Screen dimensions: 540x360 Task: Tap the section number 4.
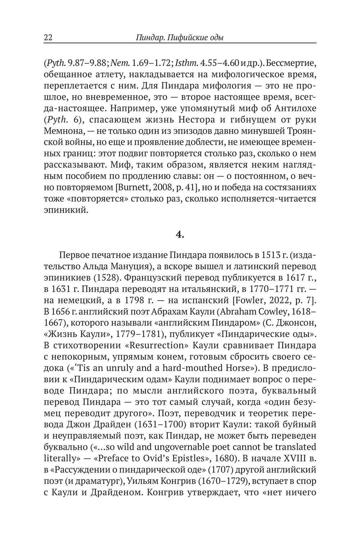tap(180, 235)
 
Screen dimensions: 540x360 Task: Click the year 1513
tap(269, 255)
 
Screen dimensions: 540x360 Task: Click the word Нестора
tap(186, 120)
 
